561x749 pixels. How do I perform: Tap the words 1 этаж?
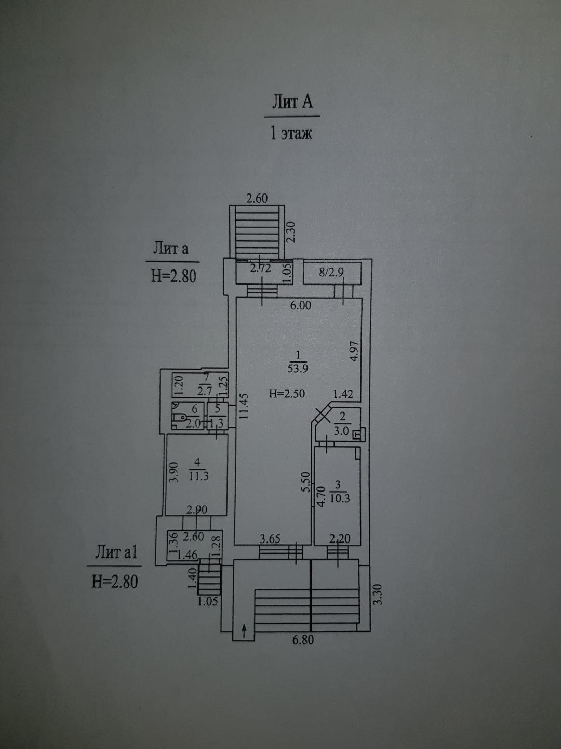[x=291, y=133]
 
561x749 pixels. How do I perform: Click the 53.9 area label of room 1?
[x=298, y=369]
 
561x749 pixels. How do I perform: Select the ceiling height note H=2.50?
[x=287, y=394]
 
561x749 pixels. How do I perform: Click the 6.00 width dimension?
[x=300, y=305]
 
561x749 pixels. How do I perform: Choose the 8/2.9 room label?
[x=331, y=272]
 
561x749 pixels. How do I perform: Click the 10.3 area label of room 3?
[x=340, y=498]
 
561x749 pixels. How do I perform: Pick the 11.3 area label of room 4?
[x=198, y=475]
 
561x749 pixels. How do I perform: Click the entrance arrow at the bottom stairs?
[x=245, y=632]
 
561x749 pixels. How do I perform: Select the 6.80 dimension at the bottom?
[x=303, y=640]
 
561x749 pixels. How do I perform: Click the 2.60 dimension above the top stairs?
[x=257, y=198]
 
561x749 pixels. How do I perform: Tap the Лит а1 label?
[x=116, y=552]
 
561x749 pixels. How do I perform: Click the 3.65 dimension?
[x=270, y=538]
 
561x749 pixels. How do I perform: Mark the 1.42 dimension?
[x=343, y=394]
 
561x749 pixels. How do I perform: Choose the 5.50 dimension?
[x=305, y=482]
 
